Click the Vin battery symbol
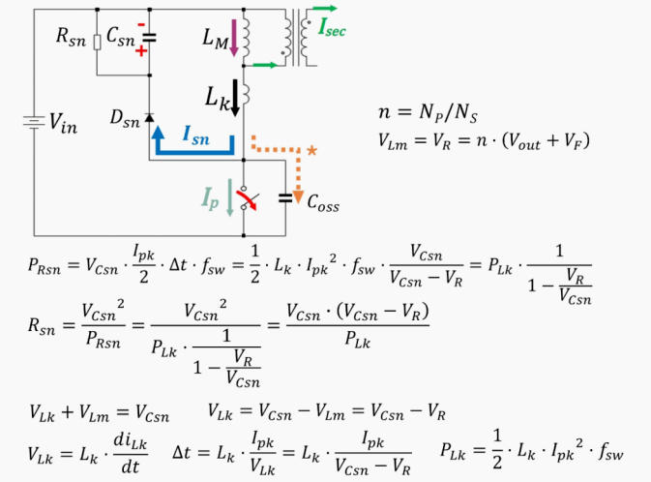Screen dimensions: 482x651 click(x=34, y=123)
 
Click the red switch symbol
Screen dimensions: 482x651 click(x=248, y=197)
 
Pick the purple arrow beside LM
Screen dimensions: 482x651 click(x=234, y=37)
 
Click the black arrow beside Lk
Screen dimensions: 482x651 click(x=234, y=101)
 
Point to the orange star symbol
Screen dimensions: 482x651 click(x=311, y=151)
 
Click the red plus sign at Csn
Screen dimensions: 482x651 click(x=141, y=49)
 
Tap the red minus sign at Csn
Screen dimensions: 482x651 click(x=141, y=23)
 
